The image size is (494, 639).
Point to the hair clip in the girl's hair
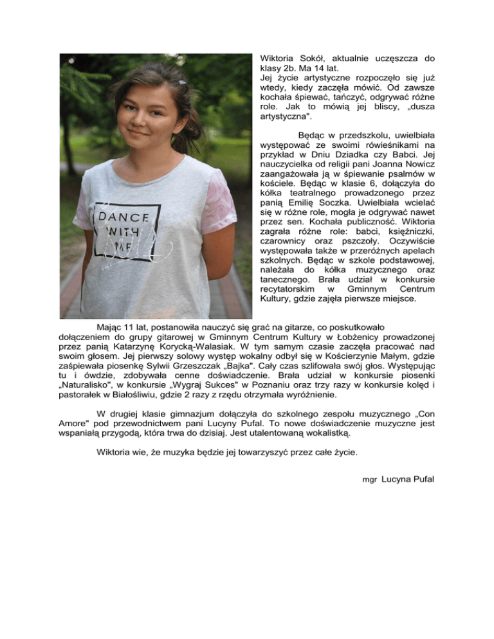(183, 83)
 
